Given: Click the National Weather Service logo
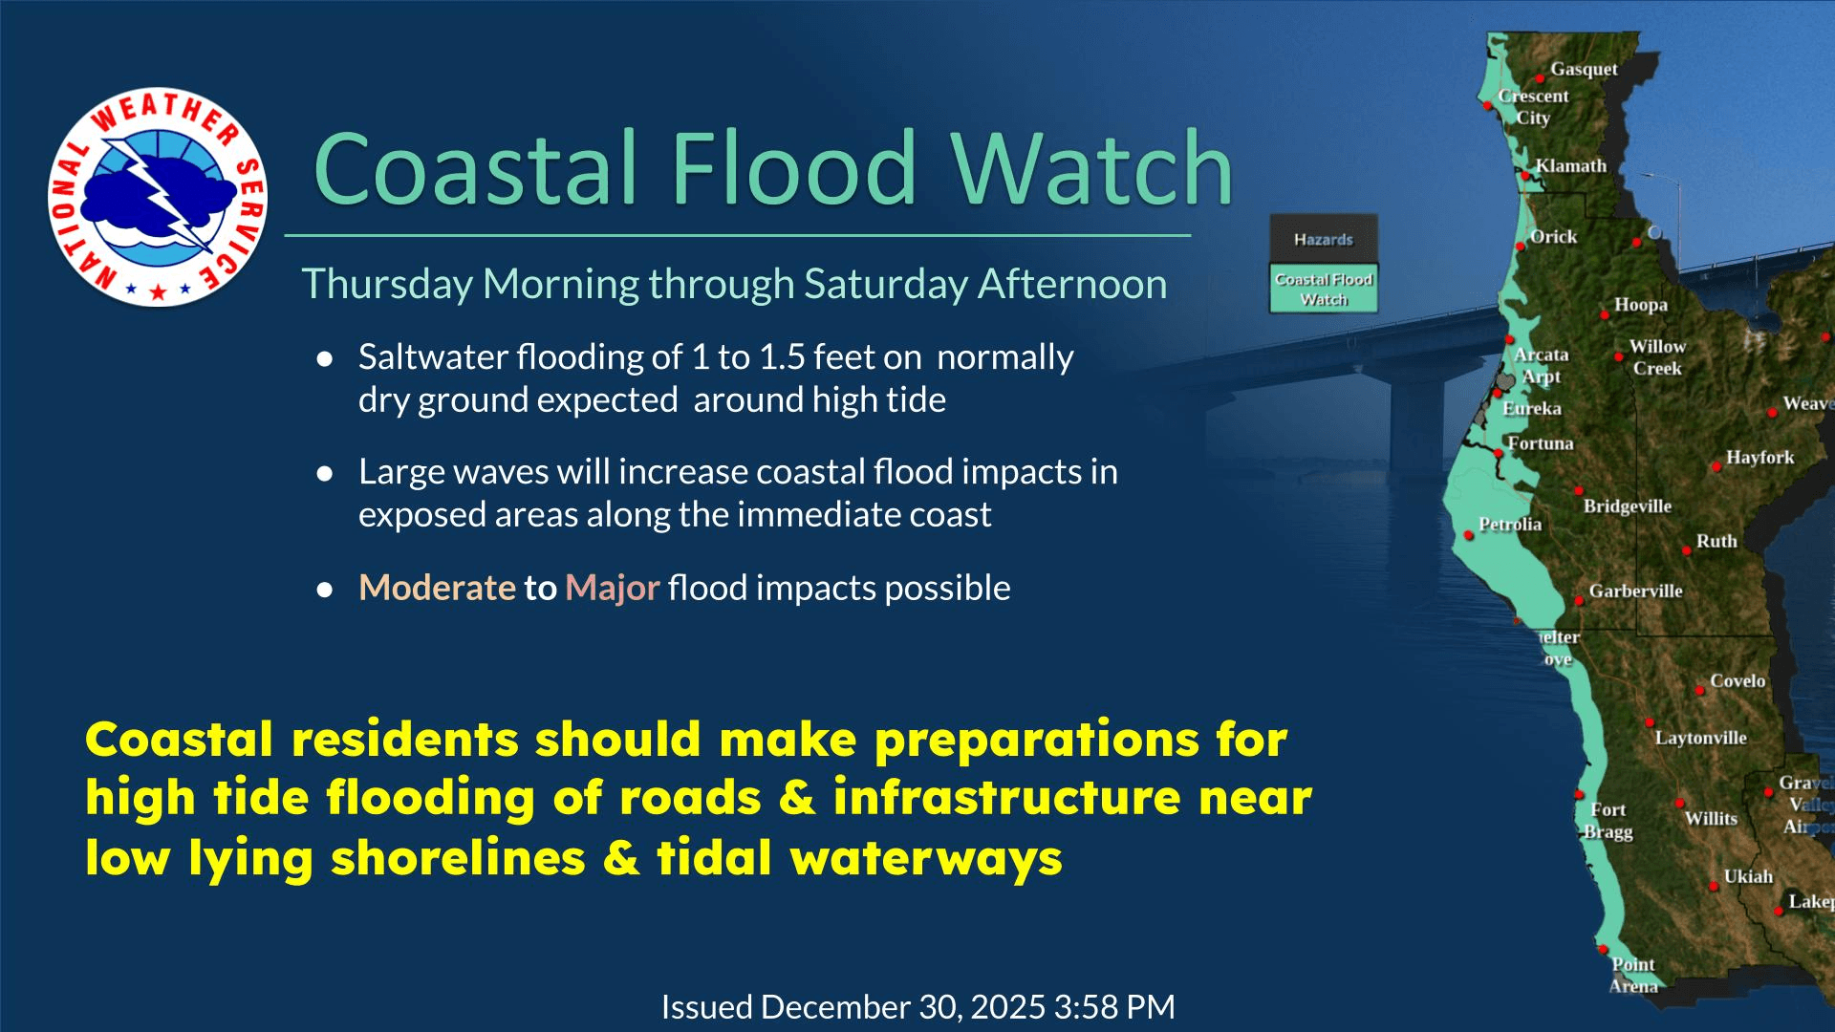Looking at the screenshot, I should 158,198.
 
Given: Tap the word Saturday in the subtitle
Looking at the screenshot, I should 886,285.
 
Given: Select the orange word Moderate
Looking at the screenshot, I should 437,588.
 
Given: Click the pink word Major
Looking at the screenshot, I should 612,588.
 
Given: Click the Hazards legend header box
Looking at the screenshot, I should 1323,239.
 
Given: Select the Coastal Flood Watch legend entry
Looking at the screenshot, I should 1323,289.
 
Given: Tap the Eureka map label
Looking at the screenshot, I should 1532,409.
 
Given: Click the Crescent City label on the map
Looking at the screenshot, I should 1533,106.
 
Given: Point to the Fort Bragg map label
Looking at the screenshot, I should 1608,821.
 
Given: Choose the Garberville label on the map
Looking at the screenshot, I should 1635,591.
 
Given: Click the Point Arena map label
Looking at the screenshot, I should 1632,975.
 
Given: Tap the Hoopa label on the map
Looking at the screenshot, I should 1640,305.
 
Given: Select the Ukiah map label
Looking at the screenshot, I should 1748,876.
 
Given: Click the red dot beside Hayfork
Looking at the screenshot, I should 1716,466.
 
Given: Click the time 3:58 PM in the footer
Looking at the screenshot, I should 1114,1007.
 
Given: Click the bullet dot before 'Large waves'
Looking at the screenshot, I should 325,473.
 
